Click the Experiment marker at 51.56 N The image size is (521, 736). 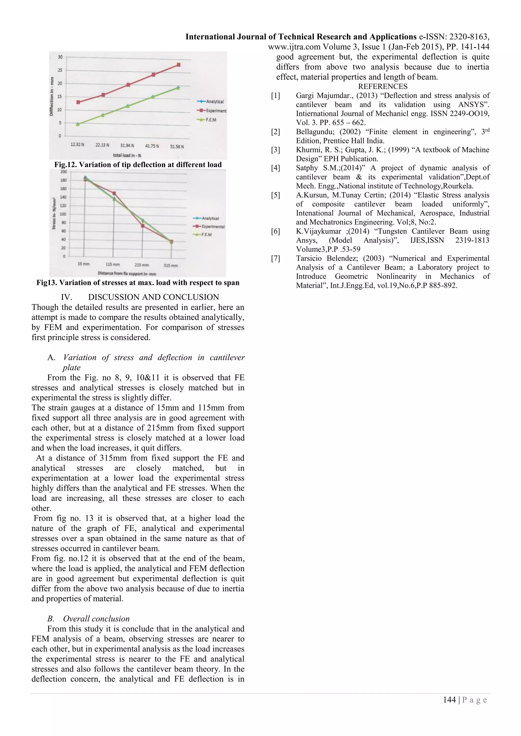point(179,65)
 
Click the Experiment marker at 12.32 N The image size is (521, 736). point(78,102)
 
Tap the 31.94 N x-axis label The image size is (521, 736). point(127,145)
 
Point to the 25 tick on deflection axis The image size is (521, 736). point(60,70)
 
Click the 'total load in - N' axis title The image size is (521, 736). point(127,156)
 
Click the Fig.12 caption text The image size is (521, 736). point(138,165)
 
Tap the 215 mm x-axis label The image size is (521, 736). point(141,265)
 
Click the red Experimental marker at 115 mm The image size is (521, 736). point(114,193)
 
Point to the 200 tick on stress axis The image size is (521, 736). point(64,172)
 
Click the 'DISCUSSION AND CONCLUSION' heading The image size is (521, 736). point(153,297)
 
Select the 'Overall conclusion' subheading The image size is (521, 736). point(96,619)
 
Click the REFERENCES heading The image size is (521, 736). point(383,86)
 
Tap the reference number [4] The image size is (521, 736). point(275,168)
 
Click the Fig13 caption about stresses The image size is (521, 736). point(138,283)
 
